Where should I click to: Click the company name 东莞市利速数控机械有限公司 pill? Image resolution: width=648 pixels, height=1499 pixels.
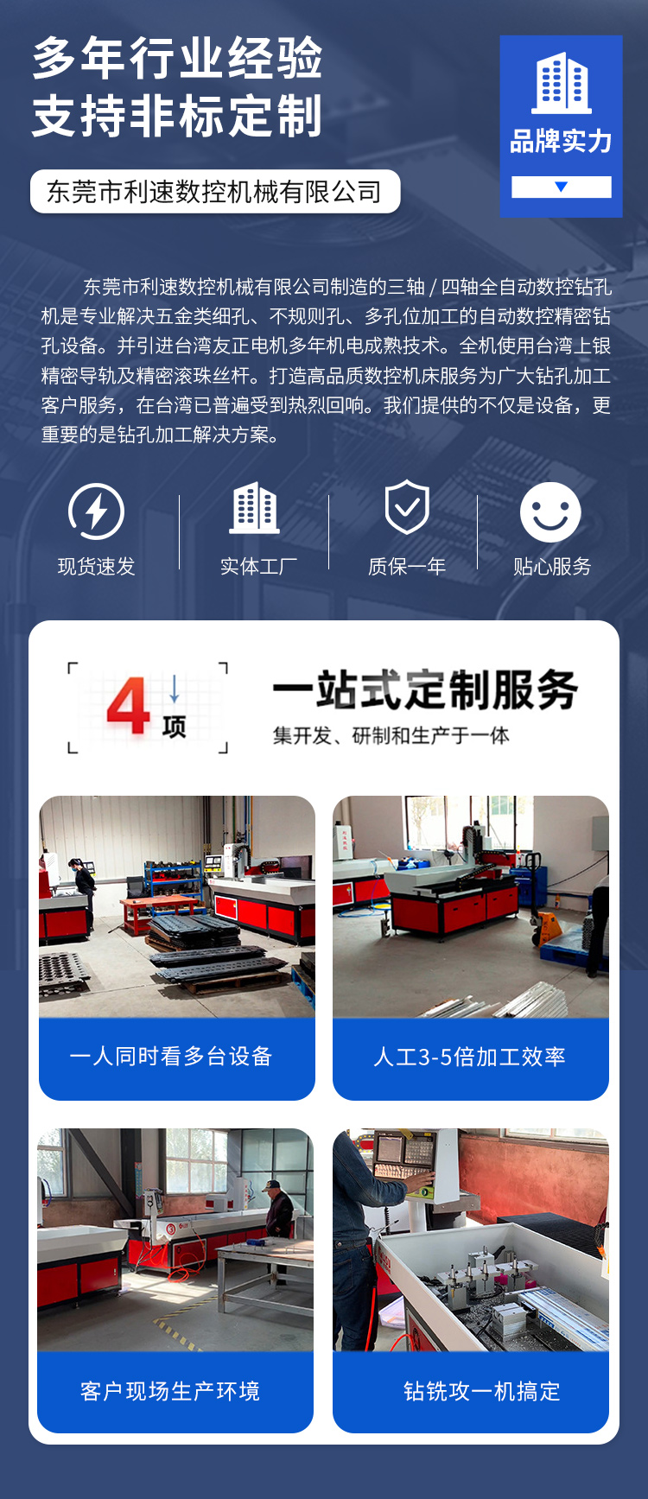(215, 191)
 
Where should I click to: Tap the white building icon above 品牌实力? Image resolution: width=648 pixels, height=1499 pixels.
(562, 83)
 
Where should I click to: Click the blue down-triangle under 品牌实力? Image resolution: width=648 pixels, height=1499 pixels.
(562, 187)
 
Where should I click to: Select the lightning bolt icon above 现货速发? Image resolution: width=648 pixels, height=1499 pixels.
(96, 511)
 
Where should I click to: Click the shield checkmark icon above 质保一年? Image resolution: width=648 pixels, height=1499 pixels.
(407, 507)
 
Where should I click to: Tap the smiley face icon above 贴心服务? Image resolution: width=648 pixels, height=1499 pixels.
(550, 511)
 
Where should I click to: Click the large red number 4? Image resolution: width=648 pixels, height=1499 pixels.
(129, 706)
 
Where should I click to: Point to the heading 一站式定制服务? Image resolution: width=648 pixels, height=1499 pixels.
(426, 689)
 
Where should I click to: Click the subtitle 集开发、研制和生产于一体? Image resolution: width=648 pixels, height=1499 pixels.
(391, 735)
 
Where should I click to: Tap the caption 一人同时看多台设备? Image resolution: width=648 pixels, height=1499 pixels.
(171, 1056)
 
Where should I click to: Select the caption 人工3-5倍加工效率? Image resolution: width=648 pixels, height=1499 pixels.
(470, 1057)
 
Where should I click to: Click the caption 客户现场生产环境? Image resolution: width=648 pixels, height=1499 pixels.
(170, 1391)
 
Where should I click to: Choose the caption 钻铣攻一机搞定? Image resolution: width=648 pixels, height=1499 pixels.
(482, 1391)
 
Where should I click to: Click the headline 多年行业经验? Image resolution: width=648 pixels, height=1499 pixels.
(178, 59)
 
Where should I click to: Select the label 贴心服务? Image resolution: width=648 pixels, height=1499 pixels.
(552, 567)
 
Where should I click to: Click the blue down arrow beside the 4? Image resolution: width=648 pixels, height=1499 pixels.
(175, 689)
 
